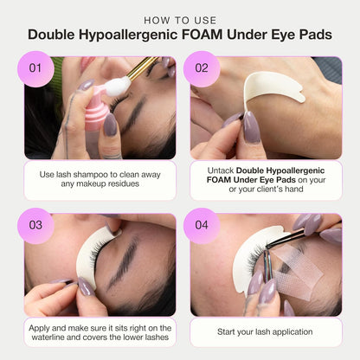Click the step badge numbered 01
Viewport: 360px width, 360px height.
(x=35, y=67)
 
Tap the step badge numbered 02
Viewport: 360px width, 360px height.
(x=202, y=67)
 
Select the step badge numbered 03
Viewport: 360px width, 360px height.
(x=35, y=225)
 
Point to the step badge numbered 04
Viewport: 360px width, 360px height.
(x=202, y=225)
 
